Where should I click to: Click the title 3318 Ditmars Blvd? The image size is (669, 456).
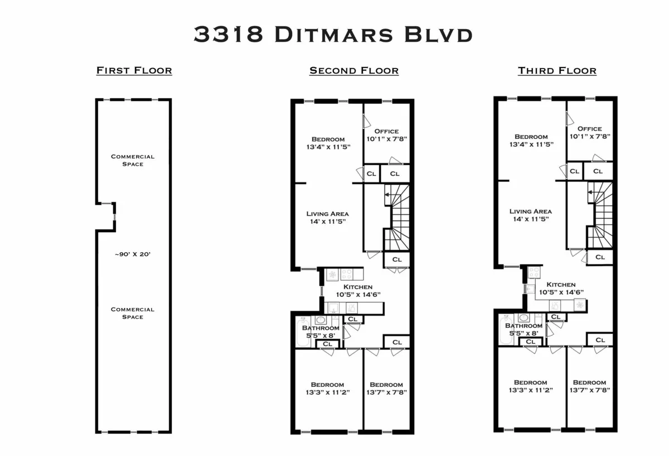click(x=333, y=35)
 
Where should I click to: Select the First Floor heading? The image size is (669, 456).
click(x=134, y=70)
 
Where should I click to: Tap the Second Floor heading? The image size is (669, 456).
click(x=354, y=70)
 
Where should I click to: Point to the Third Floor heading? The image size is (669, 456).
click(x=557, y=70)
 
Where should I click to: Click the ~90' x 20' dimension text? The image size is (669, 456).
click(x=133, y=254)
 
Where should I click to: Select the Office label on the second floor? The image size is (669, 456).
click(x=386, y=131)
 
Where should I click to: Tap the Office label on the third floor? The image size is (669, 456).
click(x=590, y=129)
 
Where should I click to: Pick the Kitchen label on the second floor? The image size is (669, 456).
click(x=358, y=287)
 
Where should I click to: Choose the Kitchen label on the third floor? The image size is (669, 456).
click(x=561, y=285)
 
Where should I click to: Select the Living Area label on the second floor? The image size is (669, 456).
click(x=328, y=214)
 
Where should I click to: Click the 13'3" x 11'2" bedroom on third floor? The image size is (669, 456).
click(x=531, y=386)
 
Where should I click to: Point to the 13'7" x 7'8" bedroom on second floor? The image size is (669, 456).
click(x=386, y=388)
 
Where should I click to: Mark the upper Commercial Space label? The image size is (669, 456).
click(x=133, y=160)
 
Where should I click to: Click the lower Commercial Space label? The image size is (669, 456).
click(x=133, y=313)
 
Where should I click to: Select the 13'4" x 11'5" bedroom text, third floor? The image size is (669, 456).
click(x=531, y=140)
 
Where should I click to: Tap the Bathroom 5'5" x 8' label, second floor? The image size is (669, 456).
click(x=321, y=332)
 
